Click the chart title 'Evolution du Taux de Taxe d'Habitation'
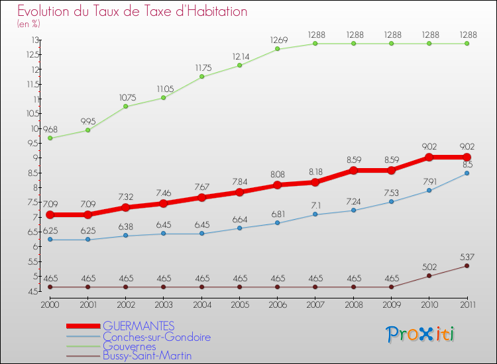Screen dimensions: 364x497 point(132,12)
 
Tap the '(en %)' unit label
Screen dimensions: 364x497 point(28,24)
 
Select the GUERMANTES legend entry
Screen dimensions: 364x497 point(138,326)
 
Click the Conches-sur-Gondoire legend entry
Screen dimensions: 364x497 point(156,336)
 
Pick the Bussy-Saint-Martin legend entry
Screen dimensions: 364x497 point(147,356)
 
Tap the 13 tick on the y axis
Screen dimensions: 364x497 point(33,40)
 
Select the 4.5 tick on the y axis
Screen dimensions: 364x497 point(32,291)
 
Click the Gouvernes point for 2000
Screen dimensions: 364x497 point(50,138)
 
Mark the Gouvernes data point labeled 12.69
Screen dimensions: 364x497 point(277,49)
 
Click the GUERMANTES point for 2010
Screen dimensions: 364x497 point(429,158)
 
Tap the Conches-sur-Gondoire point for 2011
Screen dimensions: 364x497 point(467,173)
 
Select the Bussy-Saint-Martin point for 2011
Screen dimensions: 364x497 point(467,265)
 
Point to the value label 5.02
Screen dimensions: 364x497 point(429,267)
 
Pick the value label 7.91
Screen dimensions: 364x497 point(429,181)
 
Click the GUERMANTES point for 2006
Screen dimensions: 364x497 point(277,185)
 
